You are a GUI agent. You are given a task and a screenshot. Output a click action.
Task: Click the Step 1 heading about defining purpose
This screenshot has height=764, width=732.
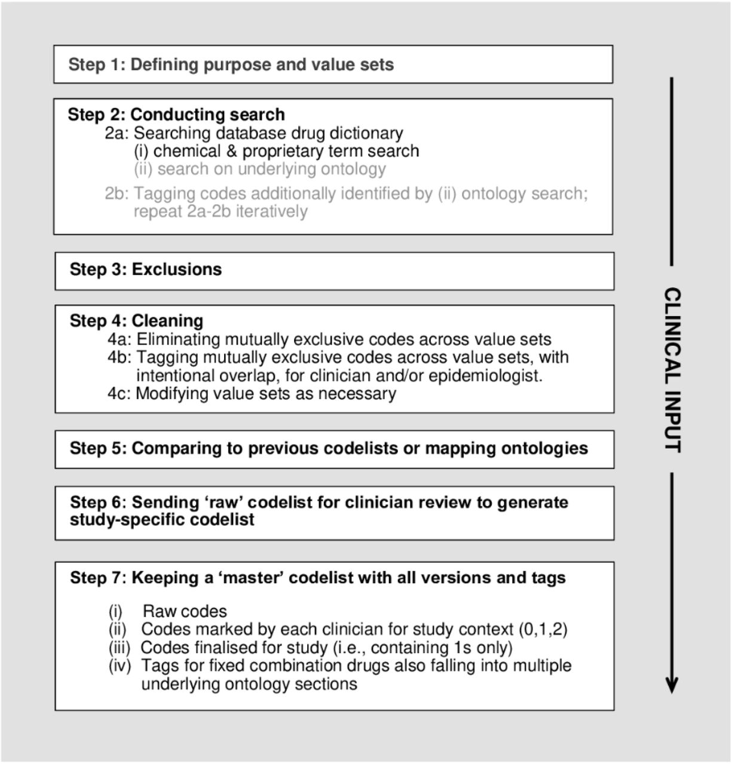point(231,65)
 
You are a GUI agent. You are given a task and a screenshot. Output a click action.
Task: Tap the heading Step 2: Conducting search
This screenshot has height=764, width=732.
point(176,115)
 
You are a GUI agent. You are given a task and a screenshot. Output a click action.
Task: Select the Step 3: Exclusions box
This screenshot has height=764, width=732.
point(335,271)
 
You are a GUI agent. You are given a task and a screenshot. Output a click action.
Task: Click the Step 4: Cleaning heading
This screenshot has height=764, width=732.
point(136,321)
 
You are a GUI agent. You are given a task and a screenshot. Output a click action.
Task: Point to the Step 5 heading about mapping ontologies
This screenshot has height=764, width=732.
point(329,448)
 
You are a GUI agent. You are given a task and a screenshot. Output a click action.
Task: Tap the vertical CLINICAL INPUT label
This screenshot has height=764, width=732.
point(673,370)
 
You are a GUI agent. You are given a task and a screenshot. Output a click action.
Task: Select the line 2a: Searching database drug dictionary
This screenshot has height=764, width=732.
point(254,134)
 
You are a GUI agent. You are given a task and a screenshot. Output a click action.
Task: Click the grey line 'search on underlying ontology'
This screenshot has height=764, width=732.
point(260,169)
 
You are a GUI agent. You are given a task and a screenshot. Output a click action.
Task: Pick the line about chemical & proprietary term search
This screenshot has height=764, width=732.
point(277,151)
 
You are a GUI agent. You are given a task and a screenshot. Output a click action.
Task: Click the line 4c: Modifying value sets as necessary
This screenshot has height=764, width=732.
point(252,393)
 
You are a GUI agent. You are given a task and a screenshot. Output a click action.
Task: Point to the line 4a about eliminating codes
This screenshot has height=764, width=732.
point(329,340)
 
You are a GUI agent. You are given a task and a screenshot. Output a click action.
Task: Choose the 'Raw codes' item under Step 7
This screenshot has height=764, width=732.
point(185,611)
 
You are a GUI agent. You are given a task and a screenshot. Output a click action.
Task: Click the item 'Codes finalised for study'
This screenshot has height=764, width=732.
point(327,648)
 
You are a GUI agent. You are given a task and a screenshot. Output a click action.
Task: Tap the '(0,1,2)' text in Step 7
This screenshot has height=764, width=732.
point(543,629)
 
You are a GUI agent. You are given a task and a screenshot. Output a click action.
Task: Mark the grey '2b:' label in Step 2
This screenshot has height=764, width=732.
point(117,193)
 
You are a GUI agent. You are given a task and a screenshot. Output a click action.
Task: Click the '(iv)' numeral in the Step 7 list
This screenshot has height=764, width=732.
point(120,666)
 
